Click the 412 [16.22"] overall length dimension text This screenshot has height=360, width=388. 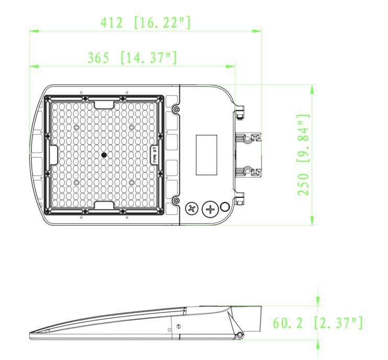tap(145, 23)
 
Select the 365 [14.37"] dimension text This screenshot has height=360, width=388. tap(131, 58)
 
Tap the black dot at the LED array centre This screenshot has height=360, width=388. tap(104, 155)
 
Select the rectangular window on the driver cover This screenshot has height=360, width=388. tap(207, 155)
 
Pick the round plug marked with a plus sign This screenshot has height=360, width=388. tap(210, 210)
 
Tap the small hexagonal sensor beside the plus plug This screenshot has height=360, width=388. tap(225, 207)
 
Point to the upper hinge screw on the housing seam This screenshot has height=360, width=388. tap(176, 109)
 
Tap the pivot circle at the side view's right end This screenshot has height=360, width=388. tap(240, 334)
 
